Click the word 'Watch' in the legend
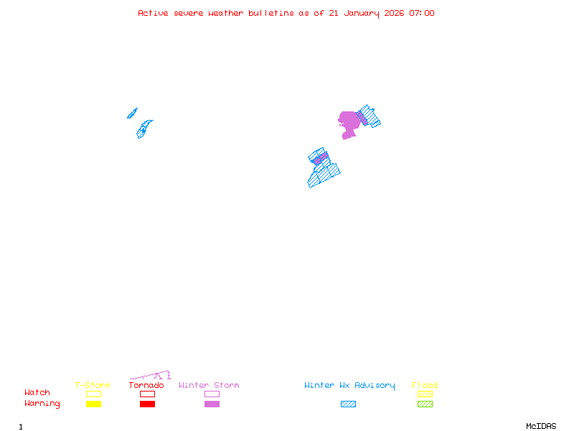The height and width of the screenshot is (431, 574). point(37,393)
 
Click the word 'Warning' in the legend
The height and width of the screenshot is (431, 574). point(42,404)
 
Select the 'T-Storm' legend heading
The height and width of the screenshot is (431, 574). point(93,385)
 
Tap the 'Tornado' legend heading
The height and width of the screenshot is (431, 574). point(146,385)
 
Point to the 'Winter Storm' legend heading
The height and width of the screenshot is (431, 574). point(209,385)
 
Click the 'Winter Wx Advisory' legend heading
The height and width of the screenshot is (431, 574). point(349,385)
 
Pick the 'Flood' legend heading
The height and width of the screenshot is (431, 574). point(425,385)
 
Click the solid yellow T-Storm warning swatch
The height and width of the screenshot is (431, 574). point(93,404)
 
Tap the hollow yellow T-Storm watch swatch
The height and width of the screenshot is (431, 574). point(93,394)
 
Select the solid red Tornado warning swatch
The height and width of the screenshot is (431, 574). point(147,404)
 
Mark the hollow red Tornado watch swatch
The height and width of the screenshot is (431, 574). point(147,394)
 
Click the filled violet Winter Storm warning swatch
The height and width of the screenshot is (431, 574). point(212,404)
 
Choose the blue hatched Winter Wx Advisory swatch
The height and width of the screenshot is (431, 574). point(348,404)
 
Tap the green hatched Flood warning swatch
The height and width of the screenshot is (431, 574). point(425,404)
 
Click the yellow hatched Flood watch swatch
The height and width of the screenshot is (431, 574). point(425,394)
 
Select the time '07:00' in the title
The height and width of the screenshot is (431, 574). point(421,13)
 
